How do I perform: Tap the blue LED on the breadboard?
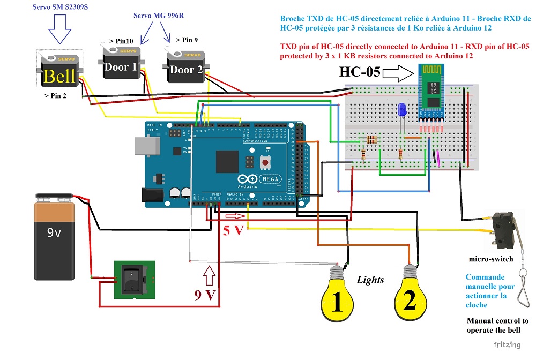click(x=402, y=110)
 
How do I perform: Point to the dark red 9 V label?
click(x=205, y=294)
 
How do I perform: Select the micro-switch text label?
click(x=491, y=259)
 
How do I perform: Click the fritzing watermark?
click(x=507, y=344)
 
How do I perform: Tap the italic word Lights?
click(x=371, y=279)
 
